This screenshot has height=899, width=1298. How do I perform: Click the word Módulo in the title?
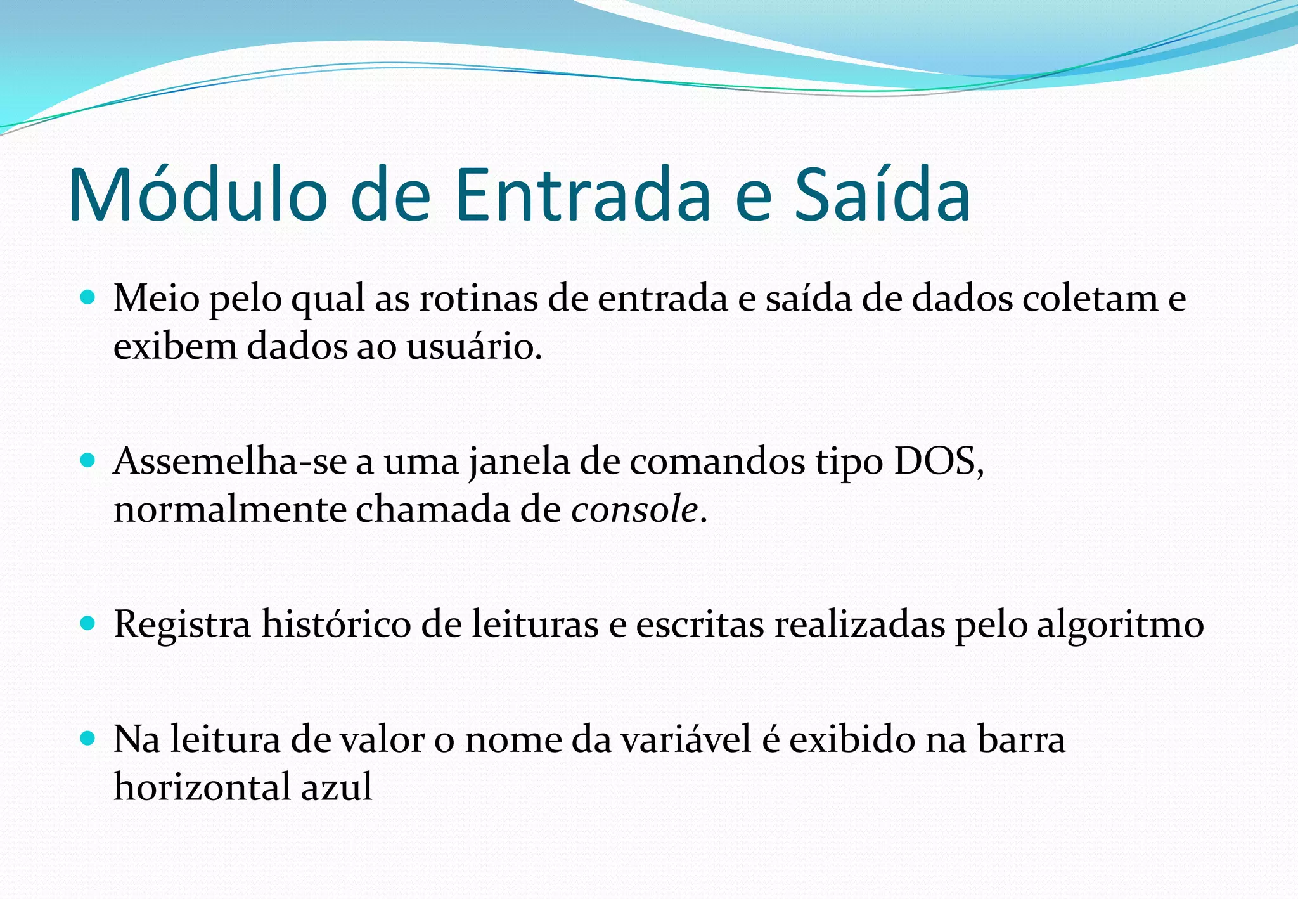click(198, 195)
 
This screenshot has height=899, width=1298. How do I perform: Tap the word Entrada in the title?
click(583, 195)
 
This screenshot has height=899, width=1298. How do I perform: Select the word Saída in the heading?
click(882, 195)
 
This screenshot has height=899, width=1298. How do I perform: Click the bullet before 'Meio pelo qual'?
click(88, 296)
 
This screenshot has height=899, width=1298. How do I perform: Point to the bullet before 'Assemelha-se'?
click(88, 460)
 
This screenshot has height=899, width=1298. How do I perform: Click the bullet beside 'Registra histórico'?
click(88, 623)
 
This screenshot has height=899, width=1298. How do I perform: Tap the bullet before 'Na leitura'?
click(88, 738)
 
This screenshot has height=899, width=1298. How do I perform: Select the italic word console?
click(634, 510)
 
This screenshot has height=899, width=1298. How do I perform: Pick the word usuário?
click(472, 347)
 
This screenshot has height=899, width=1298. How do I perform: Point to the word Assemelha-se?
click(230, 462)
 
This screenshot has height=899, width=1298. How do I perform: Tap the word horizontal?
click(202, 788)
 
